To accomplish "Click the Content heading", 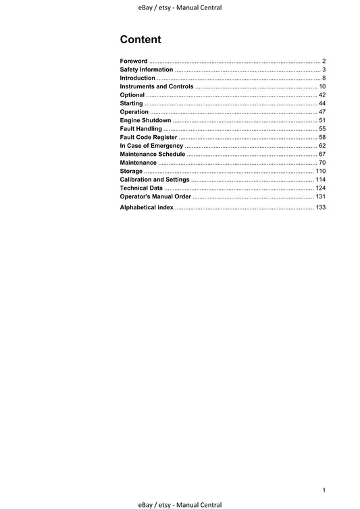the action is tap(140, 39).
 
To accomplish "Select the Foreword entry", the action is tap(134, 61).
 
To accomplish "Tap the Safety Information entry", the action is tap(147, 70).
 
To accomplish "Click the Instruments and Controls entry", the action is tap(157, 86).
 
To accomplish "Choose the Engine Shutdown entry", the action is tap(145, 120).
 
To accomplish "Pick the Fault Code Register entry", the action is tap(149, 137).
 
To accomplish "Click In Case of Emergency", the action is tap(151, 146).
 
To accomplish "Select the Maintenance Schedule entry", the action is tap(153, 154).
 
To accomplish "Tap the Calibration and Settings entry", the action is tap(155, 180).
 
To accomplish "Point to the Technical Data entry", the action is tap(141, 188).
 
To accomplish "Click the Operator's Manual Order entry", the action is tap(155, 196).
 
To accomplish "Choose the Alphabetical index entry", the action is tap(147, 207).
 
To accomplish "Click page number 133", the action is tap(320, 207).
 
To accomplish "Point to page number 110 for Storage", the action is tap(320, 171).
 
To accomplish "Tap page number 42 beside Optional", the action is tap(322, 95).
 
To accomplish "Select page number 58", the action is tap(322, 137).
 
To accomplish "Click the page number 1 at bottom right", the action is tap(324, 489).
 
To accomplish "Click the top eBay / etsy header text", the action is tap(179, 7).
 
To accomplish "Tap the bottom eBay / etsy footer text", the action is tap(179, 504).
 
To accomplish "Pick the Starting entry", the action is tap(132, 103).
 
